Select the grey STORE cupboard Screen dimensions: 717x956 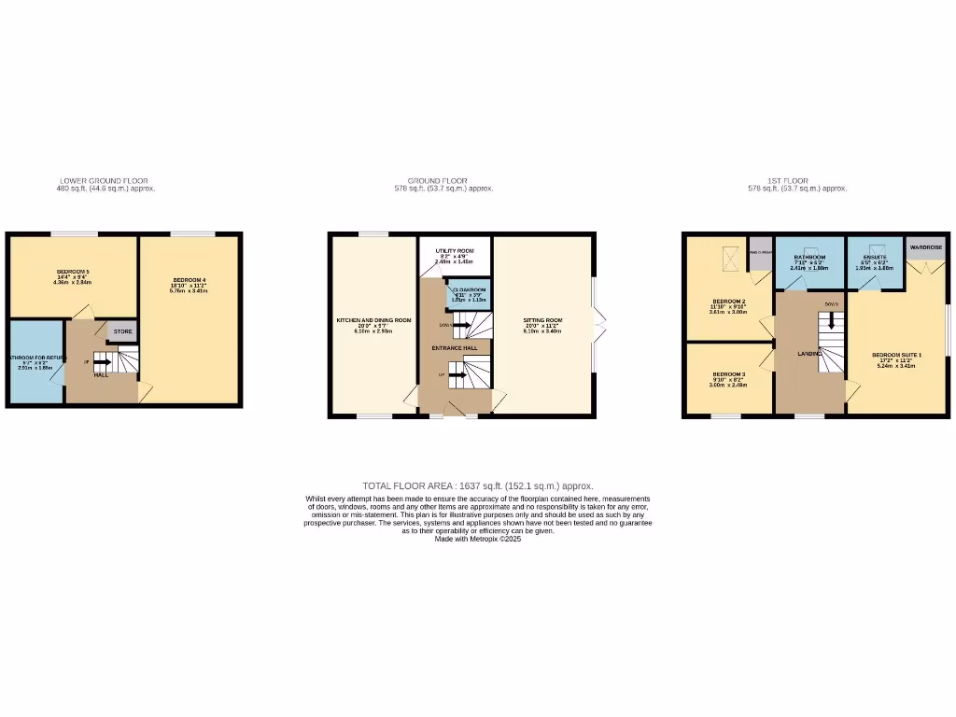pyautogui.click(x=122, y=331)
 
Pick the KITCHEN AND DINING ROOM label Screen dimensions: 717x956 pyautogui.click(x=373, y=320)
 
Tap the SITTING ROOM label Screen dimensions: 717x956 pyautogui.click(x=541, y=320)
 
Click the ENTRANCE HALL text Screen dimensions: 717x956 pyautogui.click(x=455, y=348)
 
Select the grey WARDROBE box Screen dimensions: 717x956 pyautogui.click(x=923, y=248)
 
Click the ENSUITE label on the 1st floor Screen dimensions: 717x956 pyautogui.click(x=875, y=257)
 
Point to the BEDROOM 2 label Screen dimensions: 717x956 pyautogui.click(x=728, y=301)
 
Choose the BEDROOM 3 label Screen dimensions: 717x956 pyautogui.click(x=728, y=374)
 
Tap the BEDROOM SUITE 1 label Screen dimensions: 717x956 pyautogui.click(x=896, y=355)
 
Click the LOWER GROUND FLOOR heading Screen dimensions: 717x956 pyautogui.click(x=104, y=181)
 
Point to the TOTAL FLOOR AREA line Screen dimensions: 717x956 pyautogui.click(x=478, y=485)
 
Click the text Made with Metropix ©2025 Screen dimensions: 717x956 pyautogui.click(x=478, y=539)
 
